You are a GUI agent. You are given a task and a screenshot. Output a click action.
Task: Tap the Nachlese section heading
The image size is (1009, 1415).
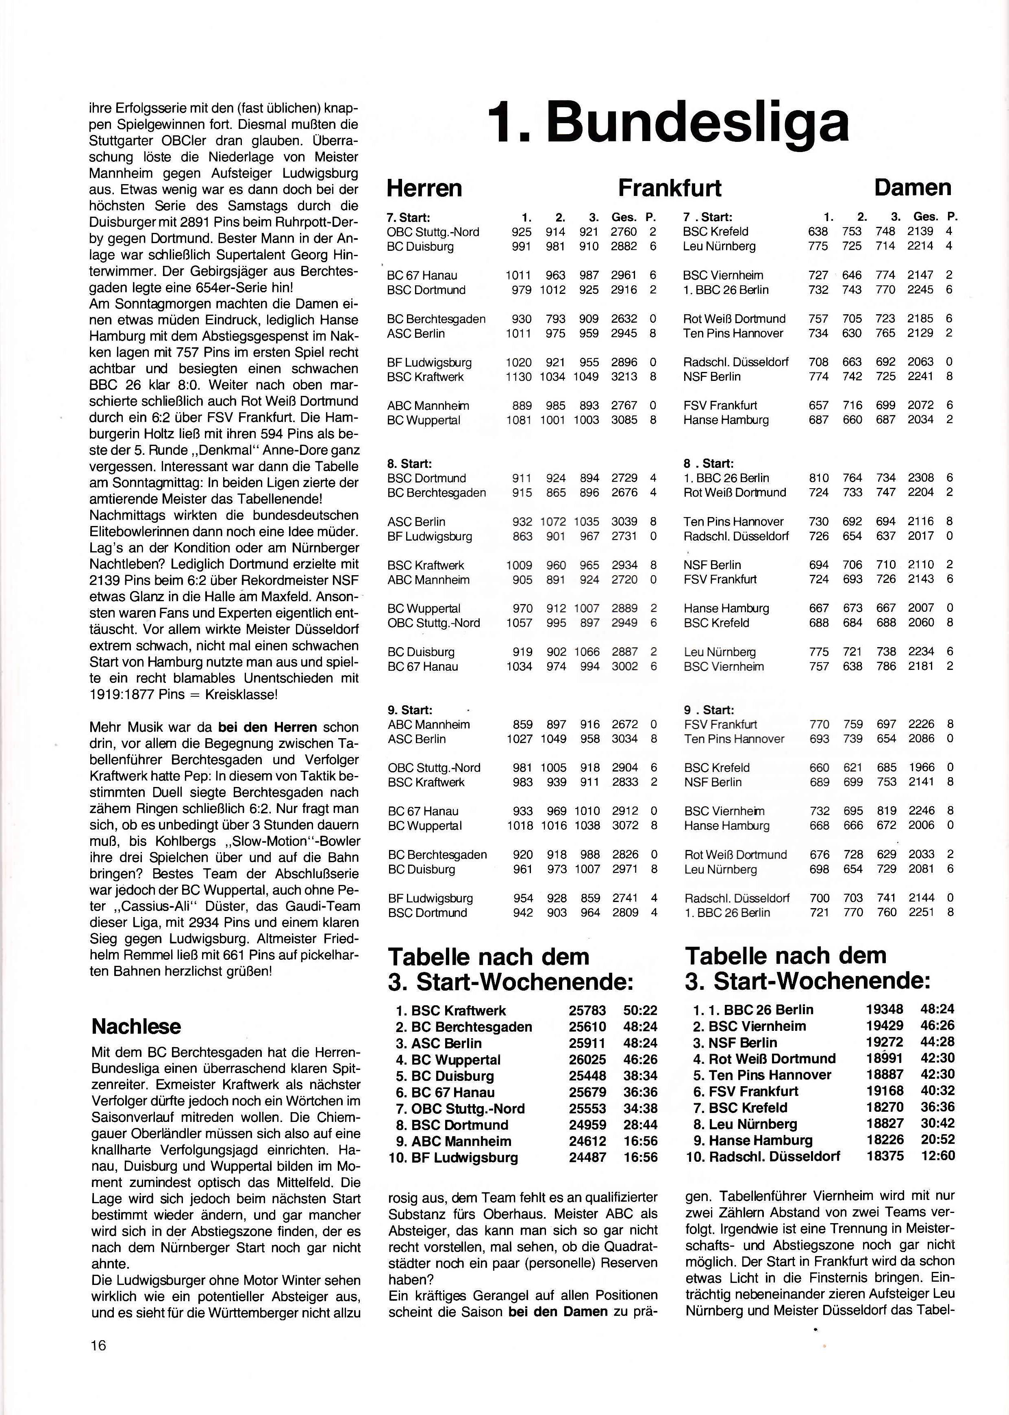136,1026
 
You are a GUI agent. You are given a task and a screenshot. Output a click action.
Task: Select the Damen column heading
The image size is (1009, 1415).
912,187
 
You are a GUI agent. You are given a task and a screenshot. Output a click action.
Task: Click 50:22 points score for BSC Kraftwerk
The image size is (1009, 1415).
640,1011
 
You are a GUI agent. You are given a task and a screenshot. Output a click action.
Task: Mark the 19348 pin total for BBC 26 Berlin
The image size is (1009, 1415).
884,1009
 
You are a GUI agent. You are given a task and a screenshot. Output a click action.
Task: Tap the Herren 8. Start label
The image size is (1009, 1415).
409,464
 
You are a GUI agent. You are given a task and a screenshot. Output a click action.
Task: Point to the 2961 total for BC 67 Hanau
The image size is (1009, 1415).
623,275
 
